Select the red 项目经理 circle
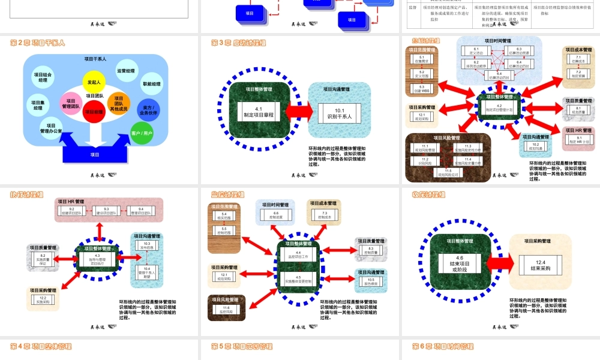[94, 112]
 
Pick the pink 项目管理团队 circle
[71, 104]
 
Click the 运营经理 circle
[125, 71]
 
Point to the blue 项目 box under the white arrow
[95, 154]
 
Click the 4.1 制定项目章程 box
[259, 112]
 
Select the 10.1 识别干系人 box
[340, 113]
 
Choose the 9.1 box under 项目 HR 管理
[579, 140]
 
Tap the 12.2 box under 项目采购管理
[43, 300]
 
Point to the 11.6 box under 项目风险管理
[226, 310]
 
